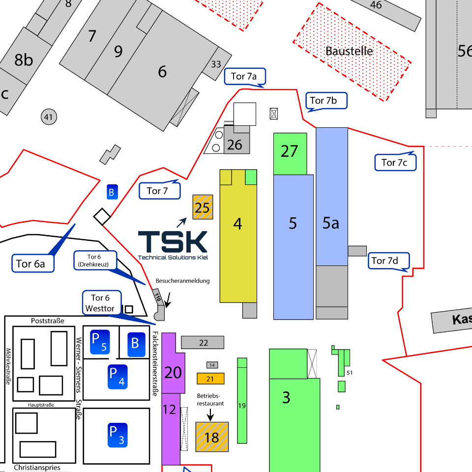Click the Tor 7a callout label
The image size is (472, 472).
point(244,76)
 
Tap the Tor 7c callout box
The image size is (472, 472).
point(395,162)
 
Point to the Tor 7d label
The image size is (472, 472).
point(388,261)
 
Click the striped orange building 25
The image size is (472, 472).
point(202,207)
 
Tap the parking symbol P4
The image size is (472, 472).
point(118,377)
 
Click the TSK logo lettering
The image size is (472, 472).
point(173,241)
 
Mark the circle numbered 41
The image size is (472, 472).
point(48,117)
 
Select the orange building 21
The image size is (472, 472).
point(210,379)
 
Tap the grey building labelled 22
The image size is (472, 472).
point(203,342)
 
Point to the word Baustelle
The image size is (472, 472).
point(349,51)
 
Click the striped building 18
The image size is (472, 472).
point(212,437)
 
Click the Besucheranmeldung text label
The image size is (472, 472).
point(182,281)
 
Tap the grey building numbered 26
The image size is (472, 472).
point(236,144)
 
